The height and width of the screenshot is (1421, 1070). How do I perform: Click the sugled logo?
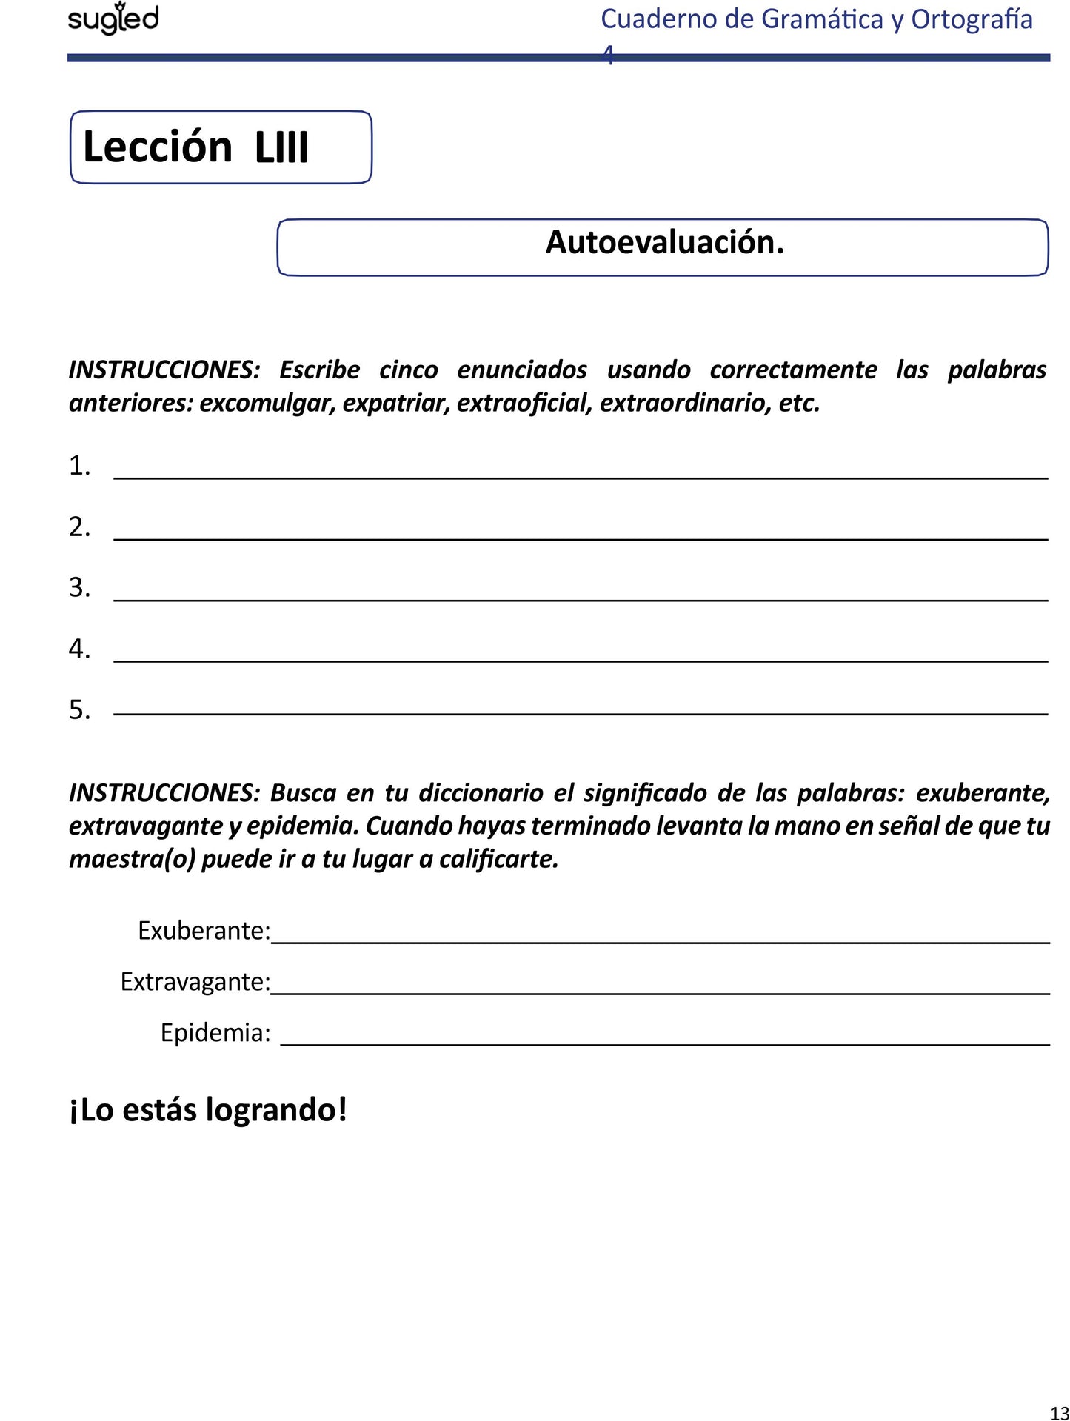113,19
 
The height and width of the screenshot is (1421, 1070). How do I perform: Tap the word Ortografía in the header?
972,19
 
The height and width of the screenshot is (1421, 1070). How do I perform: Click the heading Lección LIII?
195,147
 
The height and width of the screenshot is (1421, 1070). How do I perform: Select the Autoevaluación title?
664,242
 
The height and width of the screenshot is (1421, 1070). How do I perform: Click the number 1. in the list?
79,467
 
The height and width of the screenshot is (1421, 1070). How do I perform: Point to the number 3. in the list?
79,588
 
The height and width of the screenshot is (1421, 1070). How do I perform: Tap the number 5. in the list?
79,710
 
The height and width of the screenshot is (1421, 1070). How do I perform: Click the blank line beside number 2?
581,538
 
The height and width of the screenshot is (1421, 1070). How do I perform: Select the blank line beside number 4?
581,659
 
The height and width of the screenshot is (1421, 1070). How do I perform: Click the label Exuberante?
204,931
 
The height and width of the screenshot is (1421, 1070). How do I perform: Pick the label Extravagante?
195,982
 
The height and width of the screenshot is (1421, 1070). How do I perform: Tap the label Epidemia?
215,1033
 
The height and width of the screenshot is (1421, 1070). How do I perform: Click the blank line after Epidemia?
665,1043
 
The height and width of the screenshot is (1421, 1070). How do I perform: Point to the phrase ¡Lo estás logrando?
208,1110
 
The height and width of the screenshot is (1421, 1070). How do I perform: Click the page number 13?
1059,1413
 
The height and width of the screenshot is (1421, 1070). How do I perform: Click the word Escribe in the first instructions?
319,370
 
